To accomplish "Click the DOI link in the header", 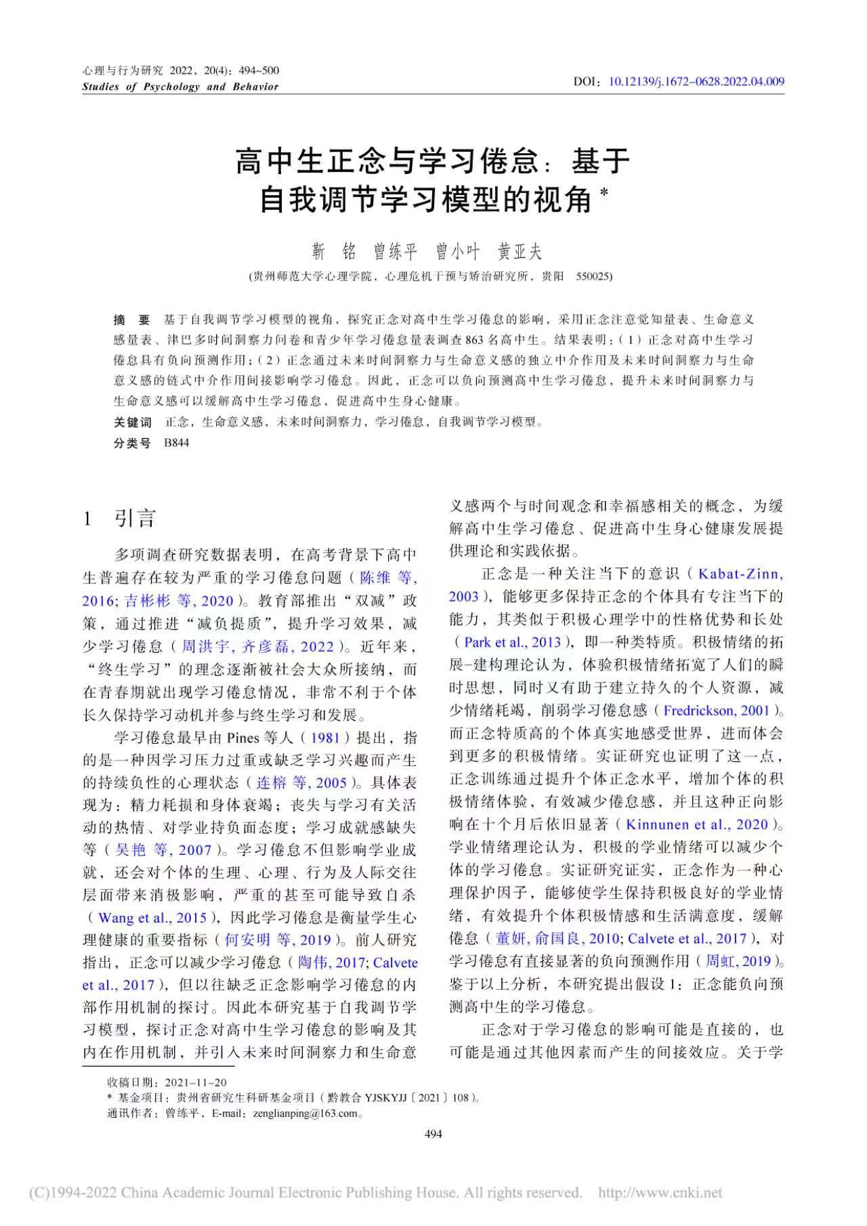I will [x=696, y=82].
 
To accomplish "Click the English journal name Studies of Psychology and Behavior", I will [x=180, y=87].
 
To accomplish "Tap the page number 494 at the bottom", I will [x=433, y=1134].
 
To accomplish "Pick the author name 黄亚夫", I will [x=520, y=252].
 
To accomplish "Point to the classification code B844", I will [x=177, y=443].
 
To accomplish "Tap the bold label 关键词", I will [x=132, y=422].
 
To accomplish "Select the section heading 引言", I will [x=135, y=519].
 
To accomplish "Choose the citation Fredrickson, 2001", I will [x=717, y=711].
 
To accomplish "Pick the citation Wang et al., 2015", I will [x=152, y=918].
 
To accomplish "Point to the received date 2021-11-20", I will [x=200, y=1082].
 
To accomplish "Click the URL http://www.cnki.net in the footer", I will [x=660, y=1193].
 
